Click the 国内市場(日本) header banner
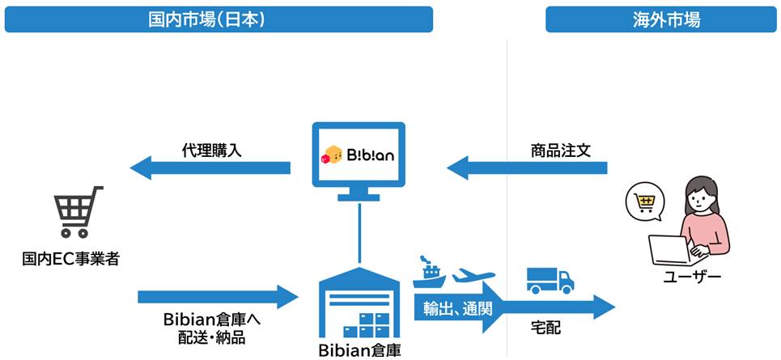pyautogui.click(x=219, y=19)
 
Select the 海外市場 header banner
pyautogui.click(x=660, y=19)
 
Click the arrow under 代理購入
pyautogui.click(x=210, y=168)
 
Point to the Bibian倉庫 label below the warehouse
pyautogui.click(x=359, y=349)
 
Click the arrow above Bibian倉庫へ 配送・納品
pyautogui.click(x=218, y=296)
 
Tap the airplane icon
pyautogui.click(x=473, y=277)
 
